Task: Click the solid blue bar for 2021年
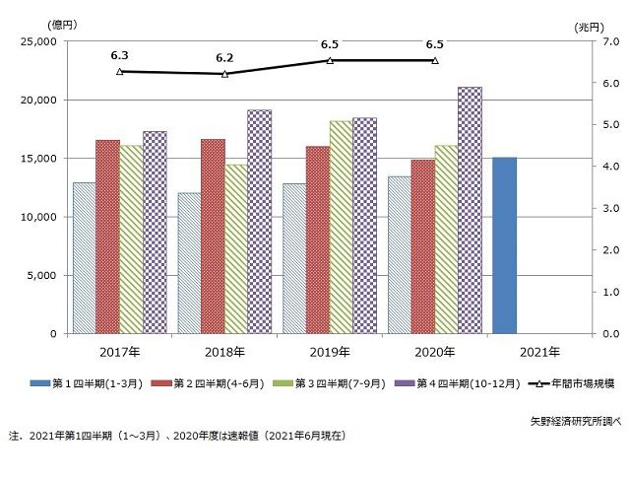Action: point(504,245)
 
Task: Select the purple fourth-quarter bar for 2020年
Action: point(470,211)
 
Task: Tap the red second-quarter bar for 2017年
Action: point(107,237)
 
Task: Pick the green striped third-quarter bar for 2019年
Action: point(341,228)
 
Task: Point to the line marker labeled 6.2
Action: point(224,74)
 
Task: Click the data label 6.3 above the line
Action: point(120,56)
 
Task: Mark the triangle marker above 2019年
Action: point(330,60)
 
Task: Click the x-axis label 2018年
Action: point(224,352)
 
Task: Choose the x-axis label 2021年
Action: point(538,352)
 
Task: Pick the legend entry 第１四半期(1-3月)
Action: point(88,382)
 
